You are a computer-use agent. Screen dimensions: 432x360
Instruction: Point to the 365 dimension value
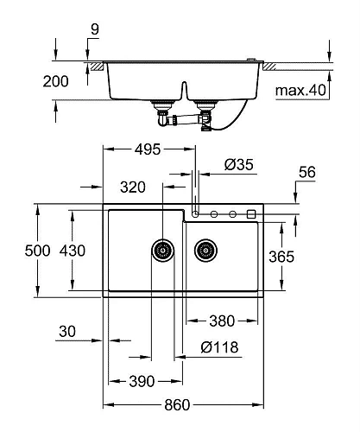(308, 256)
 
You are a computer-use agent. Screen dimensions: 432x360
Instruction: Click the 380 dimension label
(221, 321)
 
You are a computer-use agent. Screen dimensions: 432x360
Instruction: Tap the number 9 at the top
(93, 28)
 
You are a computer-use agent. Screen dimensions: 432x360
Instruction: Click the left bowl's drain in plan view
(162, 251)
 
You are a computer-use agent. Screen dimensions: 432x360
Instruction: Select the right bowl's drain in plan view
(205, 251)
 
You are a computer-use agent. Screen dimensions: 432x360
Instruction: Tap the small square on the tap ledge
(251, 213)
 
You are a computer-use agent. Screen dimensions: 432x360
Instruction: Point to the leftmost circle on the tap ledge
(196, 213)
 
